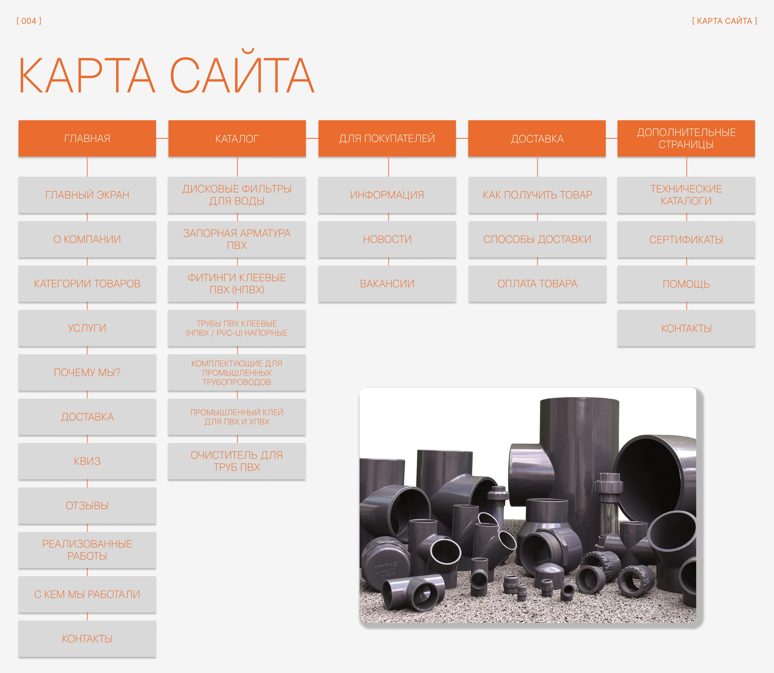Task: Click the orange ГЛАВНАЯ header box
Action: tap(87, 138)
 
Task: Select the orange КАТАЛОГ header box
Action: tap(237, 138)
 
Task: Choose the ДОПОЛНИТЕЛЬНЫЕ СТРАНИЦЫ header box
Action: tap(686, 138)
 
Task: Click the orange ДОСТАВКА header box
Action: tap(537, 138)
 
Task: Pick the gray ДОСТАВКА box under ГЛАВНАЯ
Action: tap(87, 417)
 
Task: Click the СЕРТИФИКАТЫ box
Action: tap(686, 239)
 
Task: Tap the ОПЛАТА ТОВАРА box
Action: tap(537, 284)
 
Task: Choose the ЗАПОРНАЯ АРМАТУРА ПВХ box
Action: tap(237, 239)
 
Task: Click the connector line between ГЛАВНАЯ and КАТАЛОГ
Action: tap(162, 138)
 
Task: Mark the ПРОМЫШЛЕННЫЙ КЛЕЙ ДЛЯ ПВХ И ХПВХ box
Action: tap(237, 417)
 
